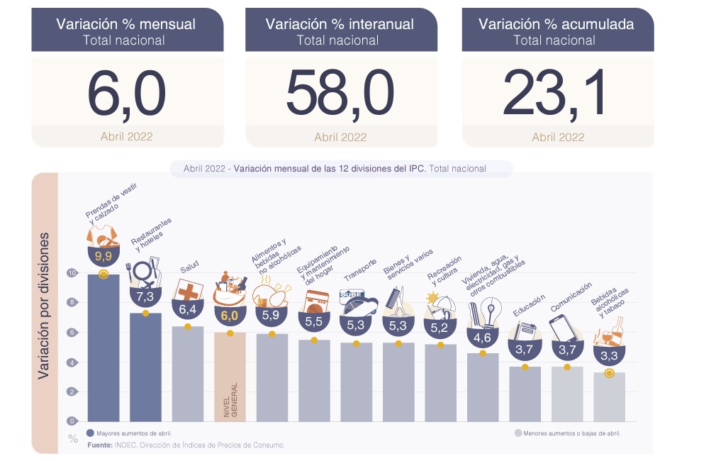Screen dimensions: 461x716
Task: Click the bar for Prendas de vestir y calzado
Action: [x=103, y=348]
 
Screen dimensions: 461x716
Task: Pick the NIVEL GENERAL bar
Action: [x=230, y=376]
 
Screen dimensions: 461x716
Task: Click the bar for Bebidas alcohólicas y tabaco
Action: [x=609, y=397]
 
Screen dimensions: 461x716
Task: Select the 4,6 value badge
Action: [x=483, y=338]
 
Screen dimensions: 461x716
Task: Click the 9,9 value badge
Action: [x=103, y=255]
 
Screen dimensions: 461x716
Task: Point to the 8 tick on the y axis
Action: [x=72, y=302]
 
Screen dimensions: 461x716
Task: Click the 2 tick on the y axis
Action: [x=72, y=391]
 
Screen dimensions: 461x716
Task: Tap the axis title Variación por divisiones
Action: [x=45, y=305]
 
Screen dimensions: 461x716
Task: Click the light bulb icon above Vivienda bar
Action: [x=488, y=311]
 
